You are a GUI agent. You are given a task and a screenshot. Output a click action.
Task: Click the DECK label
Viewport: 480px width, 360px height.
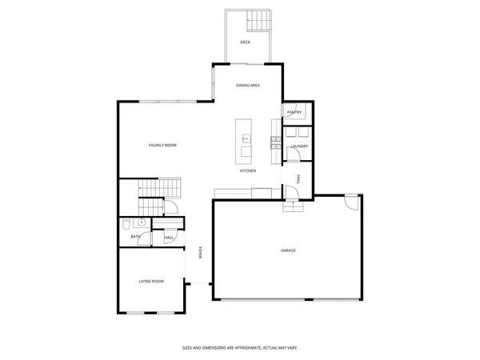(245, 42)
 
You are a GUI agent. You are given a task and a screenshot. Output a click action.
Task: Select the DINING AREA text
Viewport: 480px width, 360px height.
(247, 85)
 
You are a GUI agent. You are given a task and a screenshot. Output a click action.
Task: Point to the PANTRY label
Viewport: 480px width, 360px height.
(294, 113)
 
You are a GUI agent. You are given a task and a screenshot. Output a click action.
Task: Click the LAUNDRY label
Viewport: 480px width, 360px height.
(299, 146)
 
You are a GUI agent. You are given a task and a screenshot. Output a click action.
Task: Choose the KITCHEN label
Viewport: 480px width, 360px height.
(248, 171)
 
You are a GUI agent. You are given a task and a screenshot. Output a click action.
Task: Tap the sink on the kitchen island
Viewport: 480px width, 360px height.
(246, 138)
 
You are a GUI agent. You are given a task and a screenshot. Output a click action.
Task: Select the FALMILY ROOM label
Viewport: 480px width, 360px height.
(162, 145)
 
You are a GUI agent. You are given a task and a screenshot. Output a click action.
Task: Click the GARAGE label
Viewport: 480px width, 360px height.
(288, 250)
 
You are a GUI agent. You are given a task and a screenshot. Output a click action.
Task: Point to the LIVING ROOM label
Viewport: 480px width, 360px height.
(151, 281)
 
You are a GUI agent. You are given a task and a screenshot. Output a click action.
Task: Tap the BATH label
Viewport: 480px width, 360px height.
(136, 237)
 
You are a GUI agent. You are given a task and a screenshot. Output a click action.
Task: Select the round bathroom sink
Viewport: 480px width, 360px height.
(141, 223)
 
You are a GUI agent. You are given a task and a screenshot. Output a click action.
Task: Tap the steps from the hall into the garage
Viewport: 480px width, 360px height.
(294, 206)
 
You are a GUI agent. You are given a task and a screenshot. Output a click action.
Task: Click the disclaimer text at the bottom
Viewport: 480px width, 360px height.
(240, 348)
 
